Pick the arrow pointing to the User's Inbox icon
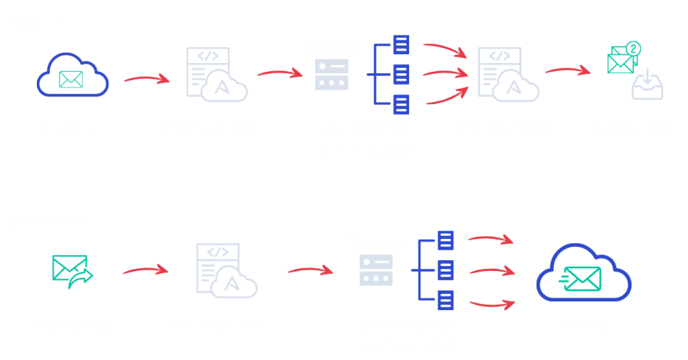(569, 70)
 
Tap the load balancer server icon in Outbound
(376, 270)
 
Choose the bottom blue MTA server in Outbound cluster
(445, 298)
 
